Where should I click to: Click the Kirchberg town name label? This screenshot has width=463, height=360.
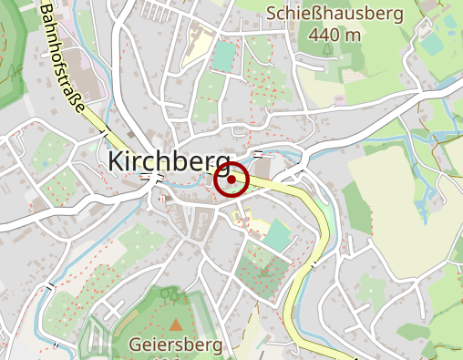click(x=169, y=161)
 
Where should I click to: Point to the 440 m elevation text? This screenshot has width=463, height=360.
click(x=334, y=35)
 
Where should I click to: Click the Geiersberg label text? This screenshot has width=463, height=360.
click(x=176, y=345)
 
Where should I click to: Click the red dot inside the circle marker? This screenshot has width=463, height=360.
click(x=232, y=180)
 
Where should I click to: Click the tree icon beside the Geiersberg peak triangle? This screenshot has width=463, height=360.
click(x=166, y=295)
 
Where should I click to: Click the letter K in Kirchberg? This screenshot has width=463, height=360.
click(x=116, y=161)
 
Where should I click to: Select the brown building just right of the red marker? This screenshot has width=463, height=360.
click(x=262, y=170)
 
